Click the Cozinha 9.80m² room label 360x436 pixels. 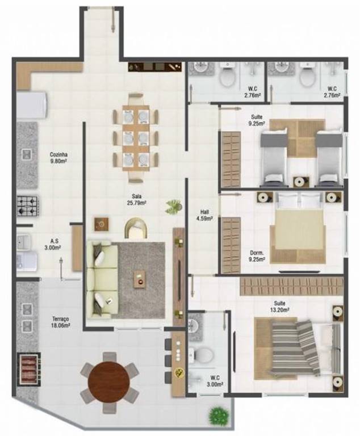coord(58,157)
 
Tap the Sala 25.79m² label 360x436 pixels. coord(137,200)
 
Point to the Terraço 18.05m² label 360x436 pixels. coord(61,321)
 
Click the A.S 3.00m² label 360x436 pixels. coord(53,245)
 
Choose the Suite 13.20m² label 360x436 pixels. coord(279,306)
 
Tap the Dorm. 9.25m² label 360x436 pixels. coord(257,257)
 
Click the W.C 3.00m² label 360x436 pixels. coord(215,381)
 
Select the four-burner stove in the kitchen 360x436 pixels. coord(27,206)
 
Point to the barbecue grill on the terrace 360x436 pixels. coord(29,369)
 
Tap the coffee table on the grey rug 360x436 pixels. coord(140,279)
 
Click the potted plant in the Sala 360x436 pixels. coord(174,207)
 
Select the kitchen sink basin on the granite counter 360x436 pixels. coord(27,154)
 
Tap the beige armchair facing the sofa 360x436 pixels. coord(136,228)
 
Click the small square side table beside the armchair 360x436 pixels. coord(101,224)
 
